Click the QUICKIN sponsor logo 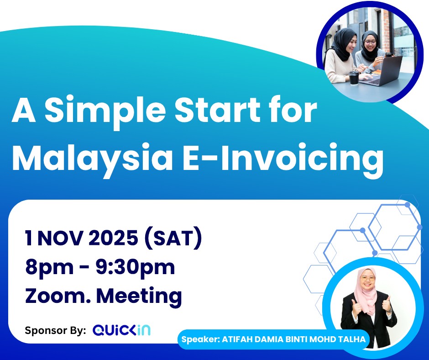[x=121, y=330]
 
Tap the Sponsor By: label [x=55, y=330]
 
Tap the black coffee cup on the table [x=354, y=78]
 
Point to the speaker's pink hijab [x=366, y=288]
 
